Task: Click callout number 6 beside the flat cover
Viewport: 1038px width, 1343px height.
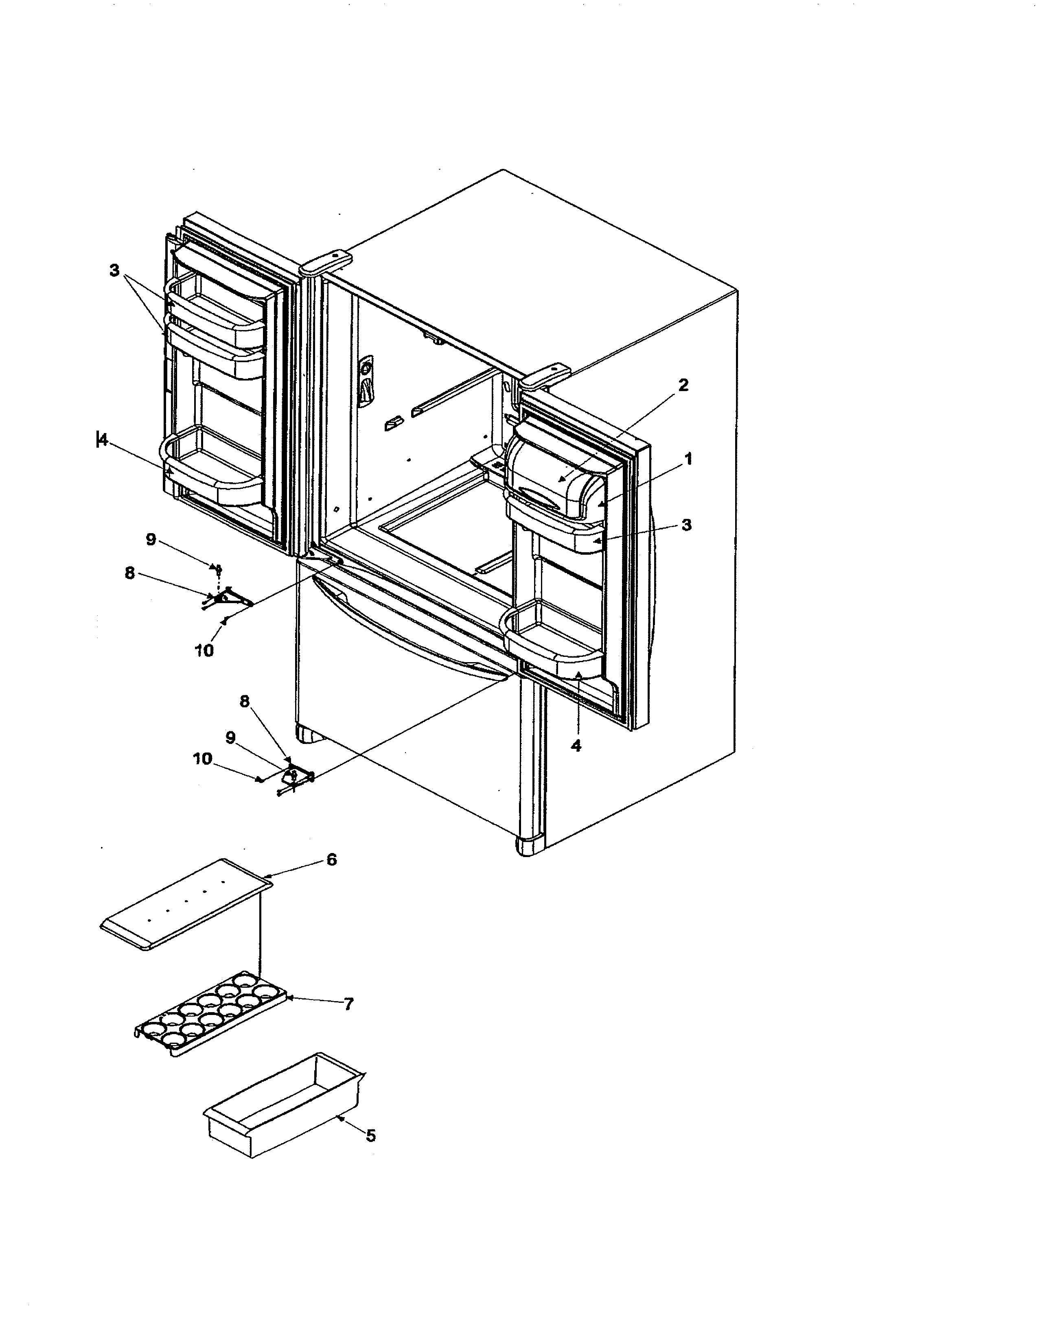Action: (331, 859)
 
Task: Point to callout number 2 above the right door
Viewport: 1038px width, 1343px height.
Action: (683, 385)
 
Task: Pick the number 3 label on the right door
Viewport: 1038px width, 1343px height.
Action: (686, 525)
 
